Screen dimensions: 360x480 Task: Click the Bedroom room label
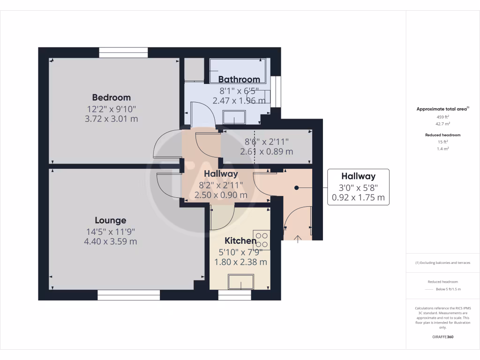tap(111, 97)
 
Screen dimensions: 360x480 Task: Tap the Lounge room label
tap(110, 220)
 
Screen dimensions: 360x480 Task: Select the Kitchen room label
tap(240, 241)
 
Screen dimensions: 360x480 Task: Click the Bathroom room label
tap(239, 80)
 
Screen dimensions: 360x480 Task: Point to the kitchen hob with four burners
tap(262, 240)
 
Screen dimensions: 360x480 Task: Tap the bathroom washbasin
tap(234, 117)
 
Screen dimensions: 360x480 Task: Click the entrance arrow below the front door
tap(298, 239)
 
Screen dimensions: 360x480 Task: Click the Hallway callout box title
tap(358, 177)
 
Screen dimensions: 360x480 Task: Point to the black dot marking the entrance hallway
tap(297, 187)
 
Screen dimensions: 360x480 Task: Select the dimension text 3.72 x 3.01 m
tap(111, 119)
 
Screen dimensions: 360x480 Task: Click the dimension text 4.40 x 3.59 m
tap(110, 242)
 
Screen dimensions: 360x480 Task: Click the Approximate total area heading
tap(442, 109)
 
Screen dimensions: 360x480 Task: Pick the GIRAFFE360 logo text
tap(442, 337)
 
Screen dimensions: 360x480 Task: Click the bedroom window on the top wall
tap(124, 52)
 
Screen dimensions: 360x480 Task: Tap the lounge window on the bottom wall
tap(128, 295)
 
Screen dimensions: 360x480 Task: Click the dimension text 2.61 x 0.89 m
tap(266, 152)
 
